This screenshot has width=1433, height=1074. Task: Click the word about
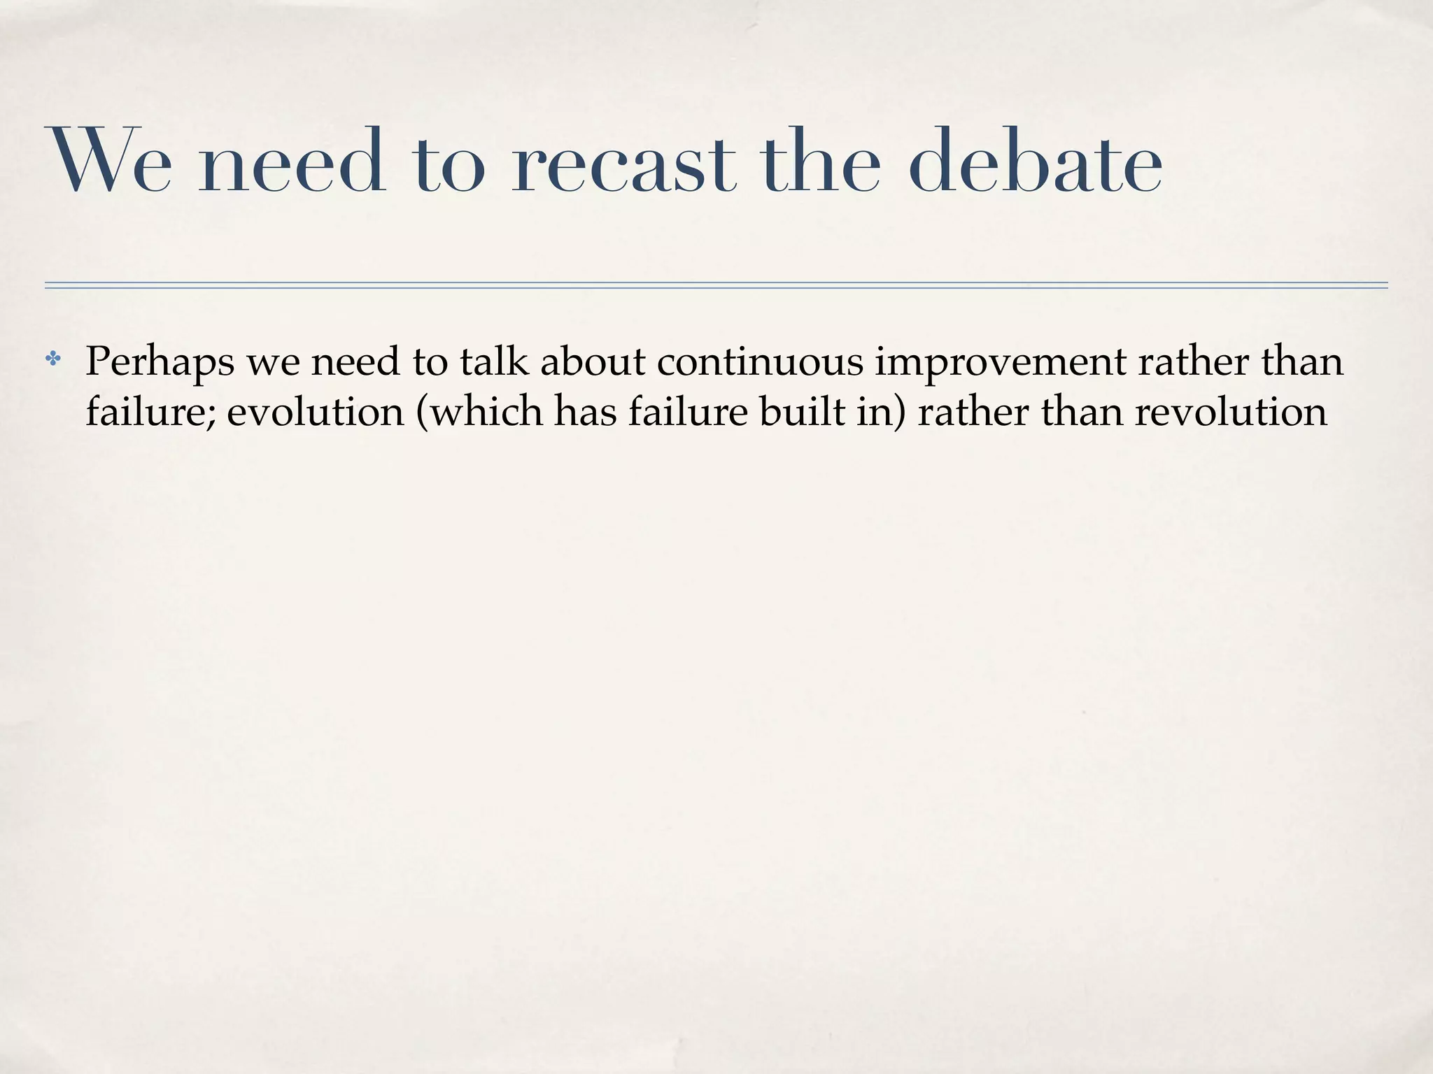click(x=593, y=361)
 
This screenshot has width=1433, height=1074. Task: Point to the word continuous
click(x=761, y=361)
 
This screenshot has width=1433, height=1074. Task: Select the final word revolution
click(x=1231, y=412)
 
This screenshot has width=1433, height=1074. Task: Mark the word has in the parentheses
click(x=586, y=412)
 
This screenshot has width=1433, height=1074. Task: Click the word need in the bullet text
click(x=355, y=361)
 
